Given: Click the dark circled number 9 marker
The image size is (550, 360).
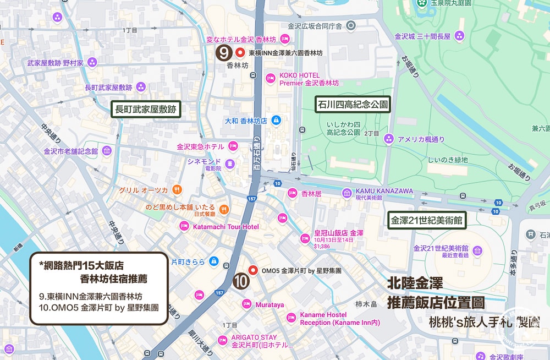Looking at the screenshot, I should click(x=223, y=53).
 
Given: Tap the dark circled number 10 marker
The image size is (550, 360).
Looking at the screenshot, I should click(x=241, y=280).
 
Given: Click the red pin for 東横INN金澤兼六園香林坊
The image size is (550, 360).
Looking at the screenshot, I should click(x=240, y=53).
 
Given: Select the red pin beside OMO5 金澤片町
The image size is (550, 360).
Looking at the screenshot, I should click(x=253, y=270).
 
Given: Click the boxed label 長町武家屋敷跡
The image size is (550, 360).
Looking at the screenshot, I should click(x=146, y=109).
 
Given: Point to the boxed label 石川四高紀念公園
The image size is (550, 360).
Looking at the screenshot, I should click(x=352, y=104).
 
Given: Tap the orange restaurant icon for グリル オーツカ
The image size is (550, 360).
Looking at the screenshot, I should click(x=177, y=190).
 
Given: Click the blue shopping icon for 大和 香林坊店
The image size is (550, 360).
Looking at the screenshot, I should click(x=276, y=119).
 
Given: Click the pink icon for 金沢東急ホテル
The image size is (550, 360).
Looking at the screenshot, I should click(x=233, y=146).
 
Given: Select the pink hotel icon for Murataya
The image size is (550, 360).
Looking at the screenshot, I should click(x=248, y=304).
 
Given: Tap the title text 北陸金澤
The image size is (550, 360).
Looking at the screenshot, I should click(x=415, y=284).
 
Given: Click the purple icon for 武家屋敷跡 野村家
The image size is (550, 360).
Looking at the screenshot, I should click(x=92, y=62).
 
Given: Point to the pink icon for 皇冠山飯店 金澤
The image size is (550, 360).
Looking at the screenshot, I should click(x=304, y=238).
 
